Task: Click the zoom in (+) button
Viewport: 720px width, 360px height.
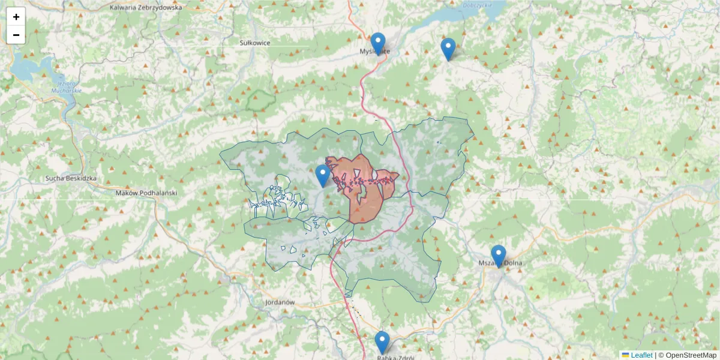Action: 16,17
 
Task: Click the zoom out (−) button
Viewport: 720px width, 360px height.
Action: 16,35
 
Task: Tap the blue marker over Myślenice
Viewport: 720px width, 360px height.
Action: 377,43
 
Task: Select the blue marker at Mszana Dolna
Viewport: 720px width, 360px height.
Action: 498,256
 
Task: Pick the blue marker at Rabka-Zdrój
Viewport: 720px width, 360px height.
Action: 382,342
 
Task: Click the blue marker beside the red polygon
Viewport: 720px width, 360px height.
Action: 323,175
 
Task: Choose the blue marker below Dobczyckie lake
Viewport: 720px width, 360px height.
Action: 448,49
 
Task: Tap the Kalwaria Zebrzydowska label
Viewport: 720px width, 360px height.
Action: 146,8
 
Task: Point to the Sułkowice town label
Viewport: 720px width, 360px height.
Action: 255,43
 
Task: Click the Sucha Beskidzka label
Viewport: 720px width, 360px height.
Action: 71,178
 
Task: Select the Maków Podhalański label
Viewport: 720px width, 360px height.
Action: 146,193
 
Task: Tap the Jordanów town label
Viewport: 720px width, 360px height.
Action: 280,302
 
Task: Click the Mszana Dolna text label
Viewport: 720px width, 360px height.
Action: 500,263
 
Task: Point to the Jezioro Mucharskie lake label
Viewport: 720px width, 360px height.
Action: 70,86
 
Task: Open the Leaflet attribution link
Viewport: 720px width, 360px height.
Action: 641,355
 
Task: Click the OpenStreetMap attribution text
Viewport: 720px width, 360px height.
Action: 691,355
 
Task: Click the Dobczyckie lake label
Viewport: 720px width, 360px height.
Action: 478,4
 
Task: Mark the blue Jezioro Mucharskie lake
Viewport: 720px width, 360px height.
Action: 27,66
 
